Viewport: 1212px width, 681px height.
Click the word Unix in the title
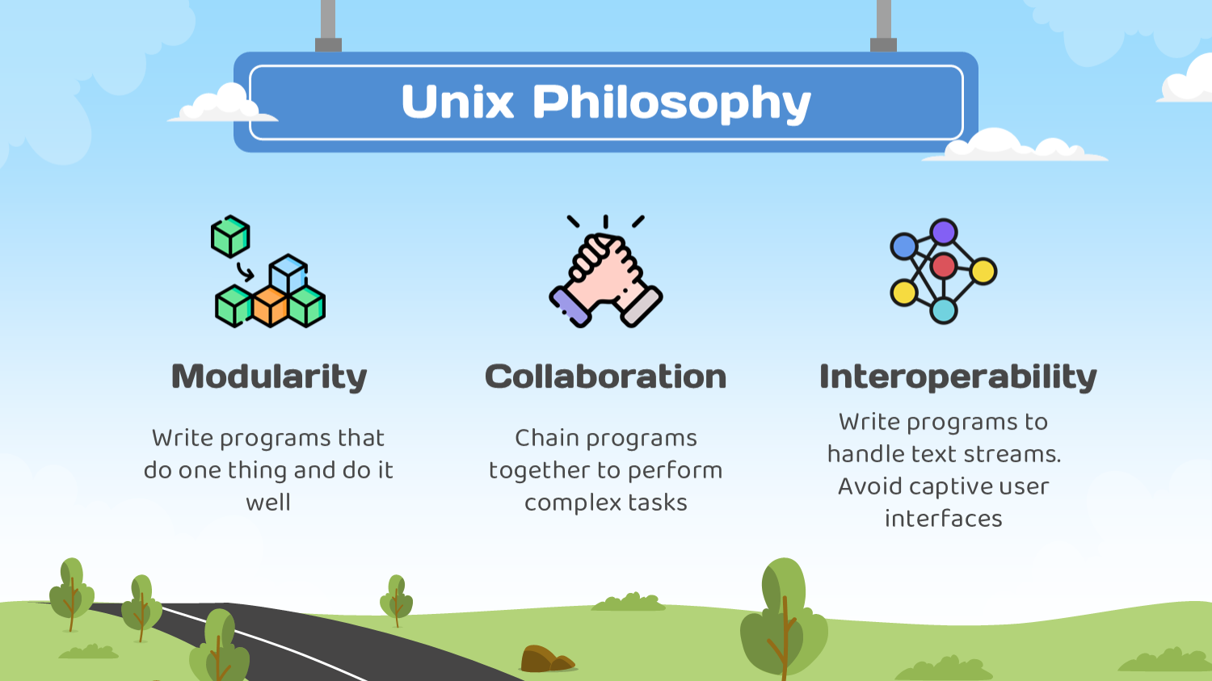pos(457,101)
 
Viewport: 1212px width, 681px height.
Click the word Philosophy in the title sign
pos(671,104)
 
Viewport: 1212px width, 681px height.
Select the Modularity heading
pos(269,377)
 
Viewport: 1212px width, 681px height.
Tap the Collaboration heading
pos(605,376)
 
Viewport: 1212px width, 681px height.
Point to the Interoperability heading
pos(957,377)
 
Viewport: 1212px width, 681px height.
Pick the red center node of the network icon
pos(944,266)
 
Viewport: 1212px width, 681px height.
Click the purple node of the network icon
pos(944,232)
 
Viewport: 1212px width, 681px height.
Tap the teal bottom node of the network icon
pos(944,310)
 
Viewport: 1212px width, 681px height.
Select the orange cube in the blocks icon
pos(270,307)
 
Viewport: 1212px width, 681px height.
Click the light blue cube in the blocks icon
pos(288,274)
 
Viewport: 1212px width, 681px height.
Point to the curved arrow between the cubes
pos(246,271)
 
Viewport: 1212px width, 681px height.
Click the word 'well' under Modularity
pos(268,502)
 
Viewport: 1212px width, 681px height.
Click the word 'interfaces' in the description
pos(944,519)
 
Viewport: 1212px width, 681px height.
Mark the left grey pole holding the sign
pos(328,26)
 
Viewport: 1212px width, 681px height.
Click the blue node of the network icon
pos(903,246)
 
